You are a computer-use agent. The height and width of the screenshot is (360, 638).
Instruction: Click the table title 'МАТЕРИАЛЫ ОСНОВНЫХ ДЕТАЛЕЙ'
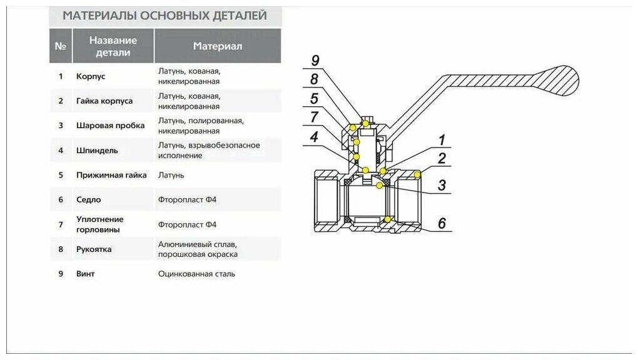click(165, 16)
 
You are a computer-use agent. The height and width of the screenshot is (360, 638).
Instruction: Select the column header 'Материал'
click(217, 46)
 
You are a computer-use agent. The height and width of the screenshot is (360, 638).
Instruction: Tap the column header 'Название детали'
click(113, 46)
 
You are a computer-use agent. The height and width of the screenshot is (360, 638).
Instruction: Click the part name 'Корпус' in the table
click(91, 76)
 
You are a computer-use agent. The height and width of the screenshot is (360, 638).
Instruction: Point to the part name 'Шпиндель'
click(96, 151)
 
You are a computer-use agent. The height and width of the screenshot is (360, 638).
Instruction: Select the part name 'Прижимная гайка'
click(111, 175)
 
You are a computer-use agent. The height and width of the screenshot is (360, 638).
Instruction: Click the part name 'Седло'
click(88, 200)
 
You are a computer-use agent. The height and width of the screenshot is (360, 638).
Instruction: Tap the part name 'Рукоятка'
click(94, 249)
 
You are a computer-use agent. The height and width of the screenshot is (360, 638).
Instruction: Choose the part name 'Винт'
click(85, 274)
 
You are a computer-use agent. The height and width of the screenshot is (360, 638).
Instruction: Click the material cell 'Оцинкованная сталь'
click(197, 274)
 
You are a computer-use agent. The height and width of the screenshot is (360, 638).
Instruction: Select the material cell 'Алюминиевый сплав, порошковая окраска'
click(198, 249)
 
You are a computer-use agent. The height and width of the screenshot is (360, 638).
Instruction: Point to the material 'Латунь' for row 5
click(171, 175)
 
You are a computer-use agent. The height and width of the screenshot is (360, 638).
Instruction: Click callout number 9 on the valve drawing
click(315, 60)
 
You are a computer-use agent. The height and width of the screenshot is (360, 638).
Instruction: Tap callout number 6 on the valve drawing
click(442, 223)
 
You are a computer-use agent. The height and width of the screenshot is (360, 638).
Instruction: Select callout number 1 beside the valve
click(441, 140)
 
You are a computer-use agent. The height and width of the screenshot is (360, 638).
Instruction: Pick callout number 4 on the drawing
click(313, 136)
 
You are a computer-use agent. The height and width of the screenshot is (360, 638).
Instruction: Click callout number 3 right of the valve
click(442, 185)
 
